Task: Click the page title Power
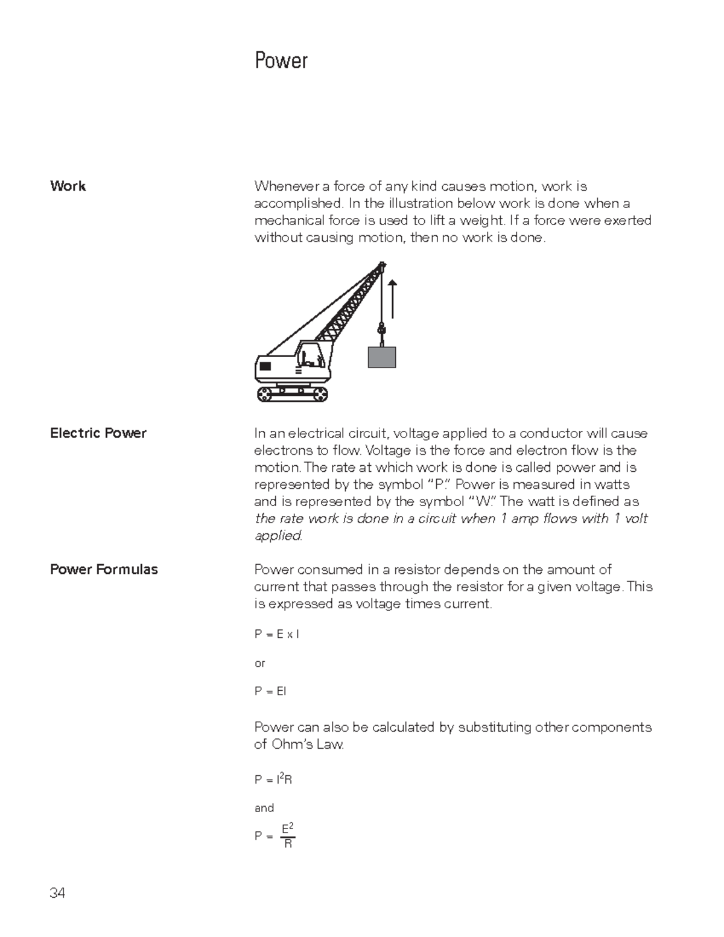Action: pyautogui.click(x=281, y=61)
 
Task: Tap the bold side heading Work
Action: pyautogui.click(x=68, y=186)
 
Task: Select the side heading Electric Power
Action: pyautogui.click(x=98, y=433)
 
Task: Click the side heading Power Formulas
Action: pyautogui.click(x=104, y=570)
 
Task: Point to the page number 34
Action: pyautogui.click(x=57, y=894)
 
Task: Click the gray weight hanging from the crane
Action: pyautogui.click(x=382, y=357)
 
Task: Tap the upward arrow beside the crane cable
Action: pyautogui.click(x=393, y=299)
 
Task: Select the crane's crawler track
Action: pyautogui.click(x=293, y=394)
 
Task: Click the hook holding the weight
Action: pyautogui.click(x=381, y=331)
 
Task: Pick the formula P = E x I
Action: pyautogui.click(x=277, y=634)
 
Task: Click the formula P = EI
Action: pyautogui.click(x=270, y=691)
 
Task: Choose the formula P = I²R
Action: pyautogui.click(x=273, y=780)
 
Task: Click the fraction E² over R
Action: pyautogui.click(x=288, y=836)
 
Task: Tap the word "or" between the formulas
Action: pyautogui.click(x=260, y=663)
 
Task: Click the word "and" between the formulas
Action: pyautogui.click(x=264, y=808)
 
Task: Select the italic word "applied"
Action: pyautogui.click(x=278, y=536)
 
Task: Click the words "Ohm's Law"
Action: pyautogui.click(x=306, y=745)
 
